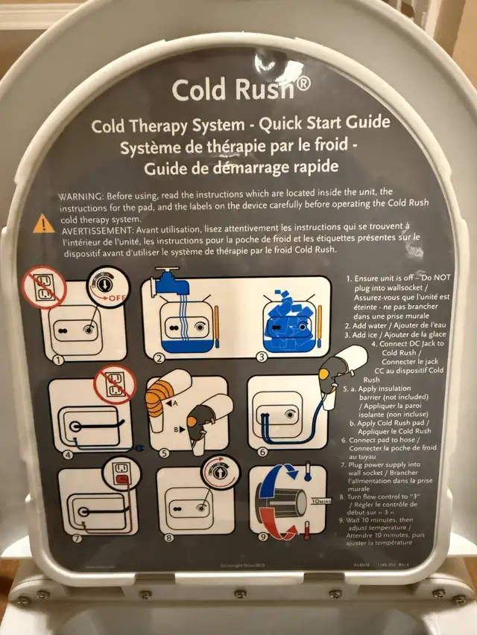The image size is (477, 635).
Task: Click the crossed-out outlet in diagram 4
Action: pyautogui.click(x=114, y=385)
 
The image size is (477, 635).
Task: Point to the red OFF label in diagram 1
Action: pyautogui.click(x=116, y=298)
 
